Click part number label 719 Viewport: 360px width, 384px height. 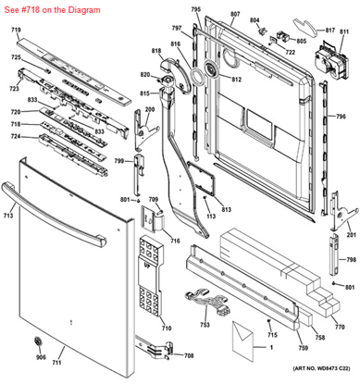[x=16, y=31]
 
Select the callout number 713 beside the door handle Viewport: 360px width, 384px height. [x=8, y=216]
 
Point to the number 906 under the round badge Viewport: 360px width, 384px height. [x=40, y=357]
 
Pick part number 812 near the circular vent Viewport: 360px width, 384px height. [x=236, y=80]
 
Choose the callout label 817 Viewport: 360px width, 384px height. [x=328, y=31]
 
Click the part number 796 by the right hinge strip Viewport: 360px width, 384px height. [x=341, y=117]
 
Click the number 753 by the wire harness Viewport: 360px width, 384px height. [x=204, y=327]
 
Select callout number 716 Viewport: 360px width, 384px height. [x=174, y=241]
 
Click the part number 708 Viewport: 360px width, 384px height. [x=189, y=355]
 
